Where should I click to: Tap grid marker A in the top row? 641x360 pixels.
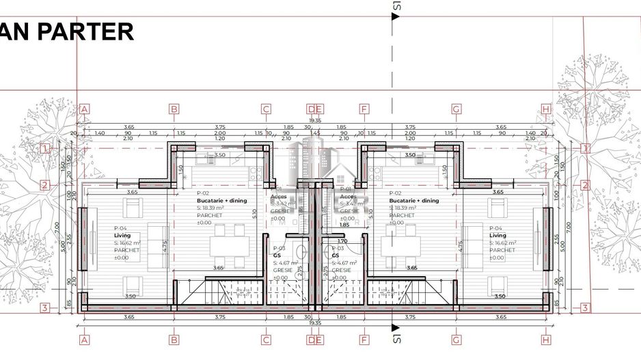85,109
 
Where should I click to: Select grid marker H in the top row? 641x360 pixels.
545,109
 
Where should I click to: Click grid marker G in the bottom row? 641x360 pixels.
456,339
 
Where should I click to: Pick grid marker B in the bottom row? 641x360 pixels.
174,339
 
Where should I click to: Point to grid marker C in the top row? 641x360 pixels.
266,109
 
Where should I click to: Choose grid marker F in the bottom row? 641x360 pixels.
364,339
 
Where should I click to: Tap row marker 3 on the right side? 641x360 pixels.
585,308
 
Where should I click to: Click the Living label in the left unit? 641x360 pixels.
122,235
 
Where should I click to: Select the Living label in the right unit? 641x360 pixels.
497,235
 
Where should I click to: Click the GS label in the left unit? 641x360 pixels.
277,255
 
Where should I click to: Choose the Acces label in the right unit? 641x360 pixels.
347,196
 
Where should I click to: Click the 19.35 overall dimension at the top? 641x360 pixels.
315,121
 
